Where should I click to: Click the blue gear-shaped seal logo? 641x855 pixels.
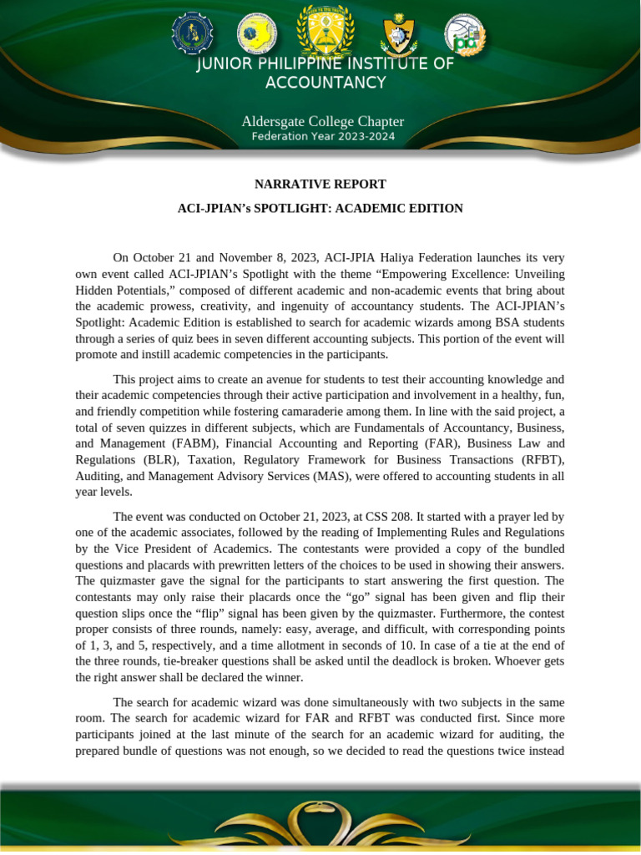[x=192, y=33]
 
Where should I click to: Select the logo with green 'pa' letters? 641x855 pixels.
[x=464, y=35]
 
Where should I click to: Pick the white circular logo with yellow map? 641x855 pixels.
[x=256, y=33]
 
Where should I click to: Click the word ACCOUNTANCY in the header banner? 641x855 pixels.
[x=326, y=83]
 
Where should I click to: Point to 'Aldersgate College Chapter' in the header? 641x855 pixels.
[x=323, y=122]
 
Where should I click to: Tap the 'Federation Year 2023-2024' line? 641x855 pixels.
[x=323, y=137]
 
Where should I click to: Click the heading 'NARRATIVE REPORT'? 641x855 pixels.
[x=320, y=184]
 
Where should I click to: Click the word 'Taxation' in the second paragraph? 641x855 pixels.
[x=215, y=460]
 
